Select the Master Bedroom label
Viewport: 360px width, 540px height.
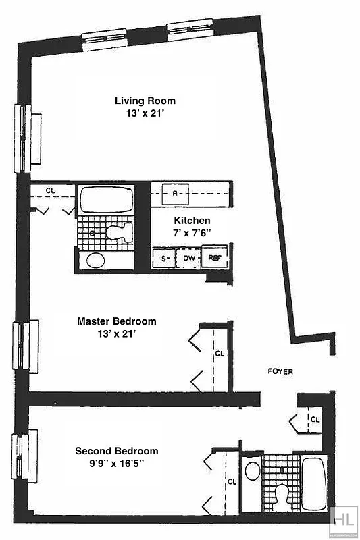pos(116,321)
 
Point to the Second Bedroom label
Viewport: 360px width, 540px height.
pos(116,451)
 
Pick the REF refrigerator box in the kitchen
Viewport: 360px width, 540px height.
pos(215,258)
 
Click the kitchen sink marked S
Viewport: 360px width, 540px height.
pos(163,258)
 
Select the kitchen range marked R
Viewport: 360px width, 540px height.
pos(175,193)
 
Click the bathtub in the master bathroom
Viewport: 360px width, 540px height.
pos(106,199)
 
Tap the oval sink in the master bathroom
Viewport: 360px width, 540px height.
pos(95,260)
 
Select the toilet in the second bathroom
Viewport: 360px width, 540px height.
pos(282,497)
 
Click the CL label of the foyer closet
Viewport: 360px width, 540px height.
pos(314,418)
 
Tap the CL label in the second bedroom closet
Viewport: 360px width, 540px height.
pos(232,481)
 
